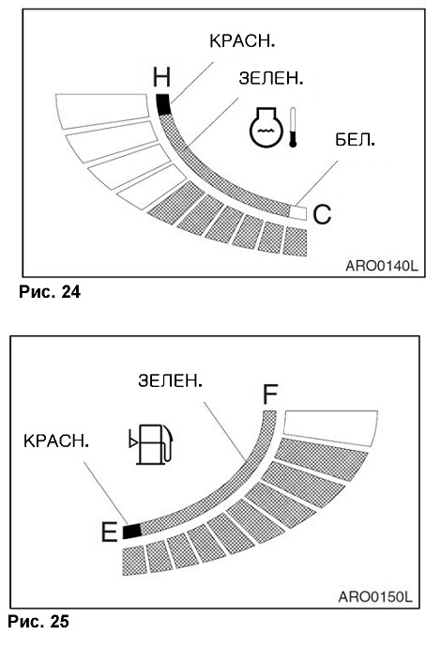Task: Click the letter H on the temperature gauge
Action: pos(161,78)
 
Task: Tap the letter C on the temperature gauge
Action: pos(322,214)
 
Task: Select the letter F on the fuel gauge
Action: pos(270,394)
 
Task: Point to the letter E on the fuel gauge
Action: pos(109,532)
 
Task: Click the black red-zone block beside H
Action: pos(163,104)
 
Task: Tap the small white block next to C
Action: pos(297,212)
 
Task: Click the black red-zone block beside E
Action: pos(131,531)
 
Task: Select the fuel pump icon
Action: pos(151,443)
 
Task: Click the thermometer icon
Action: pos(293,127)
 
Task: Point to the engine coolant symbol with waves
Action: pos(266,127)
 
